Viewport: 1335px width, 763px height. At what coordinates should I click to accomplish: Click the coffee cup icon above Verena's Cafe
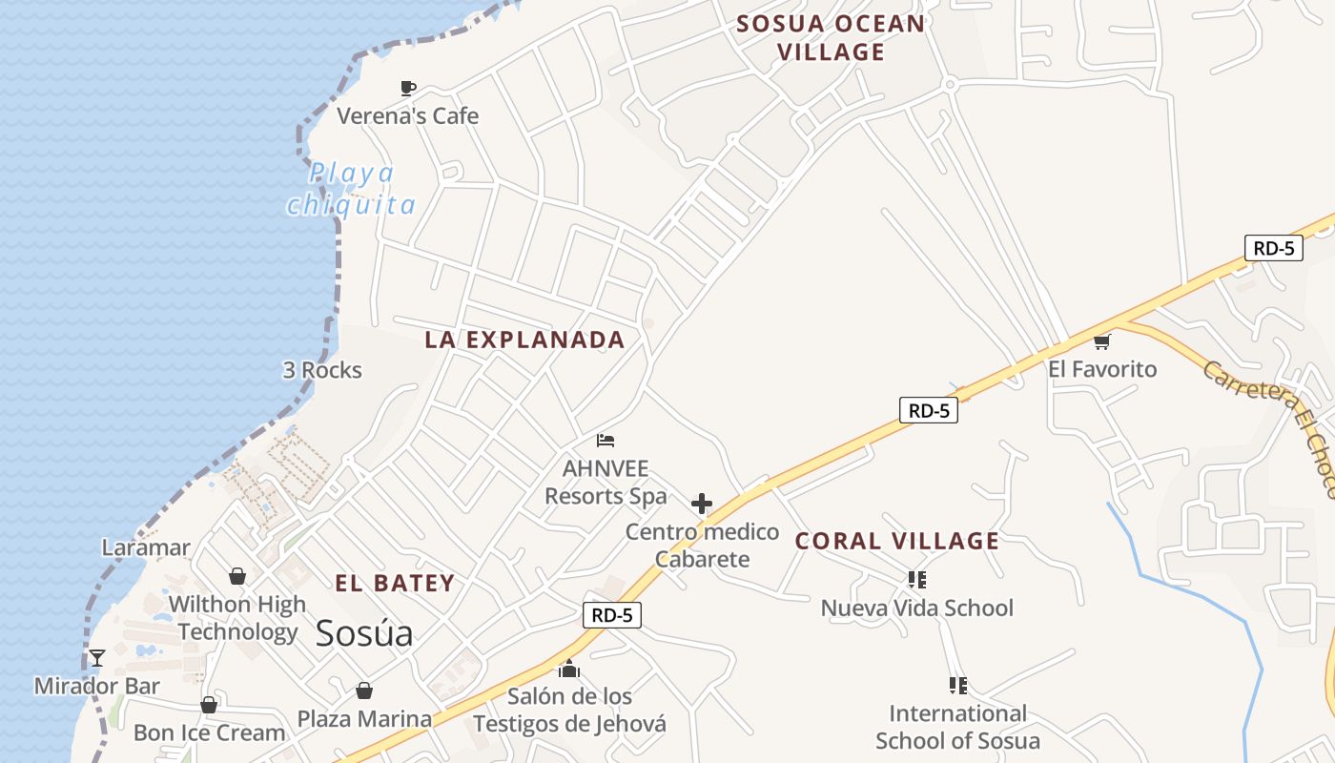(408, 88)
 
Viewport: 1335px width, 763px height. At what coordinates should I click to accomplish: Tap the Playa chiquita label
(352, 189)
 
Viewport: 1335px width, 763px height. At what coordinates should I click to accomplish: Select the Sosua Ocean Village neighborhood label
(831, 38)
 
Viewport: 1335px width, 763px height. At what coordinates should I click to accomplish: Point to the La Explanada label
(524, 340)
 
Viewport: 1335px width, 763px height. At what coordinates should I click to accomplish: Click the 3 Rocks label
(322, 370)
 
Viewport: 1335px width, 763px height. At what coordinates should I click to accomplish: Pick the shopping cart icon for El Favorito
(1102, 341)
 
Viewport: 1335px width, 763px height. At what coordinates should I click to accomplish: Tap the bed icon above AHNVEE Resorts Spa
(606, 440)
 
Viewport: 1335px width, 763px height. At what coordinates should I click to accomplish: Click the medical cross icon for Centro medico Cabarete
(702, 504)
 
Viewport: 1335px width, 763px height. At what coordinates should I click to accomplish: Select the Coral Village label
(897, 541)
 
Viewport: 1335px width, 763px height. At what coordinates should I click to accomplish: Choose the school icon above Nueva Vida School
(917, 579)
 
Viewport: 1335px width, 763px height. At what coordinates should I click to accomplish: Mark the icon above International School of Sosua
(958, 685)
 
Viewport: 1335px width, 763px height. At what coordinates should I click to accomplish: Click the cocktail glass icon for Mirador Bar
(97, 657)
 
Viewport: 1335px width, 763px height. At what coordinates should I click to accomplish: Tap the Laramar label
(146, 547)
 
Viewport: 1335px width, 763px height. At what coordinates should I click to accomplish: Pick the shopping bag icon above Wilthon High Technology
(237, 576)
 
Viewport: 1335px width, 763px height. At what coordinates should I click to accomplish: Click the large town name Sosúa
(364, 632)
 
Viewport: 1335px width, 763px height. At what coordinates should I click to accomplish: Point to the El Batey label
(395, 583)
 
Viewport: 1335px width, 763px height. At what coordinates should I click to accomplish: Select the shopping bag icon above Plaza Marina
(363, 690)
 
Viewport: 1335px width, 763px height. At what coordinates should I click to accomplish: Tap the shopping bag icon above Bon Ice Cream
(209, 705)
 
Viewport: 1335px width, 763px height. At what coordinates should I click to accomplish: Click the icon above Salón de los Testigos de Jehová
(569, 669)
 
